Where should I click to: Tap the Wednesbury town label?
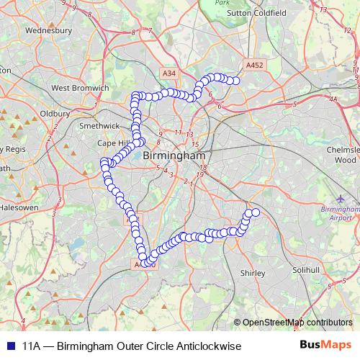coord(48,31)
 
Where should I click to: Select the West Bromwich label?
coord(79,88)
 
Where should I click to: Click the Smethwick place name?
coord(97,125)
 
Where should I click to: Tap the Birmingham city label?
coord(174,156)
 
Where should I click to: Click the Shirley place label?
coord(253,274)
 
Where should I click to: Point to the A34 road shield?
coord(168,73)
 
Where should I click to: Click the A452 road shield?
coord(254,65)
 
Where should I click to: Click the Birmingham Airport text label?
coord(336,212)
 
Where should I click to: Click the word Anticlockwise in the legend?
coord(199,346)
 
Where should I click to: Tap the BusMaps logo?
coord(323,346)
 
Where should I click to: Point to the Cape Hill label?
coord(114,143)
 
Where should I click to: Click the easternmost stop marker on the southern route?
coord(255,212)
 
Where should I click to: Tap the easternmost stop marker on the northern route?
coord(234,81)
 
